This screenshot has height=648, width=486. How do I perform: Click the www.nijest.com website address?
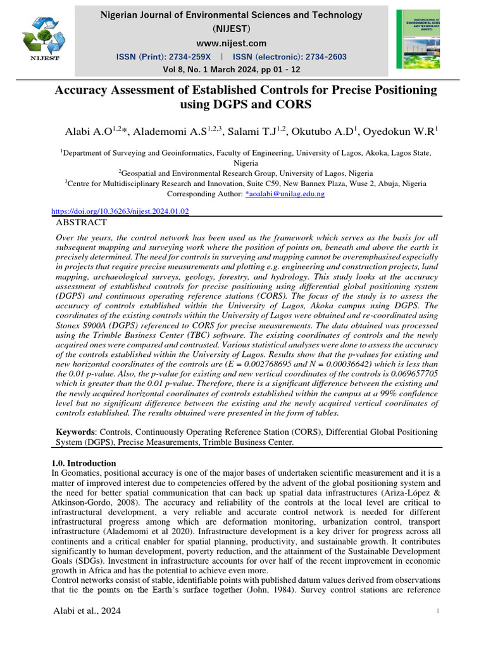point(231,43)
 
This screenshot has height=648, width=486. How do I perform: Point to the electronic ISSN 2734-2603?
point(316,57)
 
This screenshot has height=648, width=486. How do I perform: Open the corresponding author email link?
point(285,194)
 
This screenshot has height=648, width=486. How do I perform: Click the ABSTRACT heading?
point(82,223)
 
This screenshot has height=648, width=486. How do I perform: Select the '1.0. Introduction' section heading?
point(83,463)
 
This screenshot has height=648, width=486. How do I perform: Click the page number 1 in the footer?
point(437,611)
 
